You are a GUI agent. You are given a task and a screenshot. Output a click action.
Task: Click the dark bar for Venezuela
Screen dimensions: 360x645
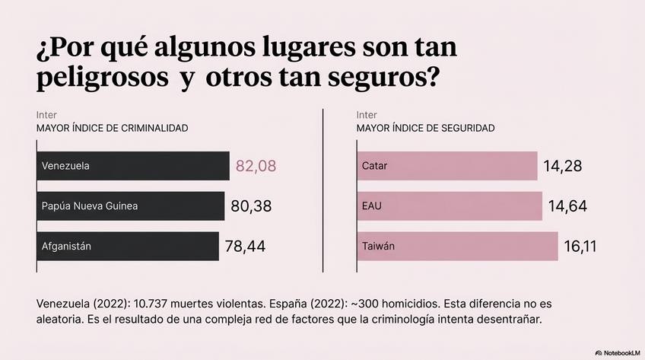point(132,166)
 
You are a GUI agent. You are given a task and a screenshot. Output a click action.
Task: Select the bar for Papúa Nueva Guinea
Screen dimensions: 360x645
point(130,205)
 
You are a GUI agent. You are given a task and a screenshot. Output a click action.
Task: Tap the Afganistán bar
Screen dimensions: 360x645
point(127,246)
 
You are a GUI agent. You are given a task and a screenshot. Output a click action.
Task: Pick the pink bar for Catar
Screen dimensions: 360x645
point(446,166)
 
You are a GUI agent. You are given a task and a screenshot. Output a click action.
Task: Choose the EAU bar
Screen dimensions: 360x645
point(449,205)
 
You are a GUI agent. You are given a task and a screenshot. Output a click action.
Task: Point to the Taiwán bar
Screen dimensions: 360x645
point(456,246)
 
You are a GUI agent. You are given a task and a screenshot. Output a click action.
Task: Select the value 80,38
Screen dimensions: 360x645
point(250,205)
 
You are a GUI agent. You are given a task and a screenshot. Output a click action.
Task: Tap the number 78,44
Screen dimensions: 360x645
point(245,246)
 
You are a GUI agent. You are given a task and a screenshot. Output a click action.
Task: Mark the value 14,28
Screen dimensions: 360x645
point(563,166)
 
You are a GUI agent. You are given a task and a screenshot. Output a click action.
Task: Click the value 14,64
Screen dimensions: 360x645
point(567,205)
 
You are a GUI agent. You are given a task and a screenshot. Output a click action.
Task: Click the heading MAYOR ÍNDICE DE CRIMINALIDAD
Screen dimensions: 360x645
point(112,129)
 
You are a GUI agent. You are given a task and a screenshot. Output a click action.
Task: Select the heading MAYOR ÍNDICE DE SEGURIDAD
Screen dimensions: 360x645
point(425,129)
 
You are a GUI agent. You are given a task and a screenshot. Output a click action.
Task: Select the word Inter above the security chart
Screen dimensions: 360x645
point(367,115)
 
